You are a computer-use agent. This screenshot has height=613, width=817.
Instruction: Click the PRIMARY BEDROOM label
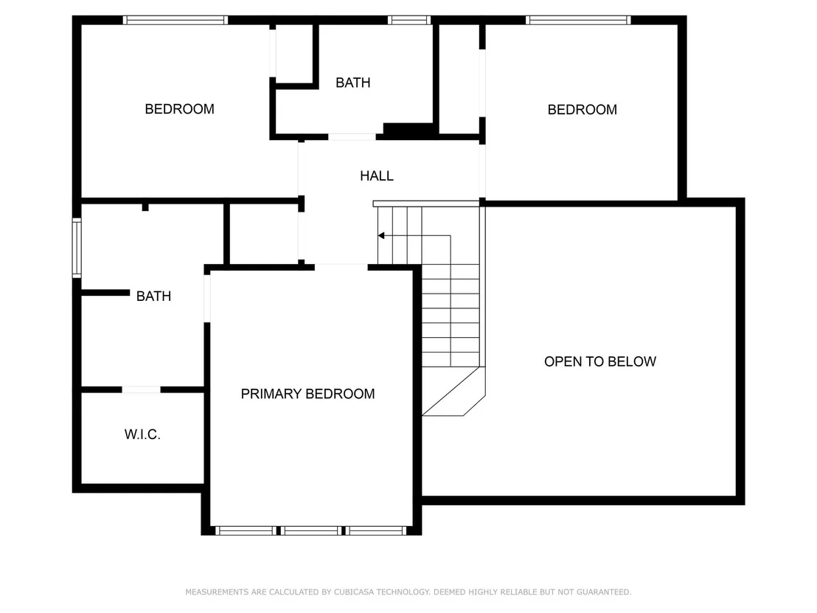click(307, 394)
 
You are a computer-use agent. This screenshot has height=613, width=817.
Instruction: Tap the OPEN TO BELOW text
click(599, 361)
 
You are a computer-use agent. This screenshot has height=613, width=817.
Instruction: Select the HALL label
click(376, 176)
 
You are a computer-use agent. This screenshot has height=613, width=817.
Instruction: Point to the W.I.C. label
click(142, 434)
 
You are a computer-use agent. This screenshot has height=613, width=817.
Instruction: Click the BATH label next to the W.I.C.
click(153, 296)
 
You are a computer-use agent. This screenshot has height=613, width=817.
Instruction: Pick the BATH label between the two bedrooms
click(352, 83)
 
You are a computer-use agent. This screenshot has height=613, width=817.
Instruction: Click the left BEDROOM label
click(179, 109)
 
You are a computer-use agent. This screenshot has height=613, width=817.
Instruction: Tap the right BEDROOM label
click(582, 109)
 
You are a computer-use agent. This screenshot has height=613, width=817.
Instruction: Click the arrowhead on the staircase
click(381, 235)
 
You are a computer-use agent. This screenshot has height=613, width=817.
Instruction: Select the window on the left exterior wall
click(77, 248)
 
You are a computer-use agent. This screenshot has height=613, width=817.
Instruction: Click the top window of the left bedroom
click(175, 20)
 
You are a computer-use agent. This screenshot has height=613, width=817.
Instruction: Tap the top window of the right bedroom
click(578, 20)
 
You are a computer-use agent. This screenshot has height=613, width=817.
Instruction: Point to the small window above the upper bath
click(409, 20)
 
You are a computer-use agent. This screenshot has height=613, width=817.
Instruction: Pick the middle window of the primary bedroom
click(312, 530)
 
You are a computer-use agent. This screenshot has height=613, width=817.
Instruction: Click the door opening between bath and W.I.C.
click(141, 389)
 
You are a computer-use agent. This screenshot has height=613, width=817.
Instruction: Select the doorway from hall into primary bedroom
click(341, 267)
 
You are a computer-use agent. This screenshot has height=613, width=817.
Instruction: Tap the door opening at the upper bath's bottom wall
click(352, 136)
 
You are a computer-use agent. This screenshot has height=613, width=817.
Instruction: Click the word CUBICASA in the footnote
click(354, 592)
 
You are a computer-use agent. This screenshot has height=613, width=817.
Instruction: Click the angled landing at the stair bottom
click(453, 392)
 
